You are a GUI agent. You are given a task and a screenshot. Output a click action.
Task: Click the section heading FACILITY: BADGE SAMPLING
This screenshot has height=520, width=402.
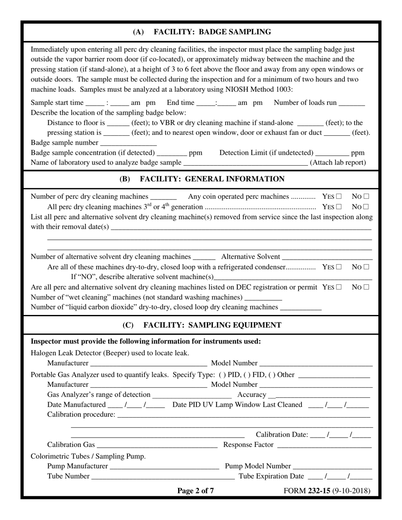click(202, 32)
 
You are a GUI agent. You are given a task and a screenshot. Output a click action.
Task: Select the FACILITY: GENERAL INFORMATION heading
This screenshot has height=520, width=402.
click(202, 179)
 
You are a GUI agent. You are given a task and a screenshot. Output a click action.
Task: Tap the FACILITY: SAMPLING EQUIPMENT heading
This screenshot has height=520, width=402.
click(202, 325)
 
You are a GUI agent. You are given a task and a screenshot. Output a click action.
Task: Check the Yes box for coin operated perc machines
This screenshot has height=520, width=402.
click(339, 197)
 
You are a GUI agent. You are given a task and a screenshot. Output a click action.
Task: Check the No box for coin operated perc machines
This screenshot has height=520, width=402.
click(366, 197)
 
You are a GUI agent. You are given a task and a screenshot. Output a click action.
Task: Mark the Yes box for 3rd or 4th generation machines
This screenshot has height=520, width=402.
click(339, 207)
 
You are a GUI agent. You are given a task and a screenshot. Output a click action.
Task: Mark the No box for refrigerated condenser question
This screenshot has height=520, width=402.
click(366, 267)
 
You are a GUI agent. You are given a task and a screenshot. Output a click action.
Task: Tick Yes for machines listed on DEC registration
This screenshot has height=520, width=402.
click(339, 287)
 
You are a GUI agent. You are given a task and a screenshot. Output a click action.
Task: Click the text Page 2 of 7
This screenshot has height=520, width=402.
click(195, 491)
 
